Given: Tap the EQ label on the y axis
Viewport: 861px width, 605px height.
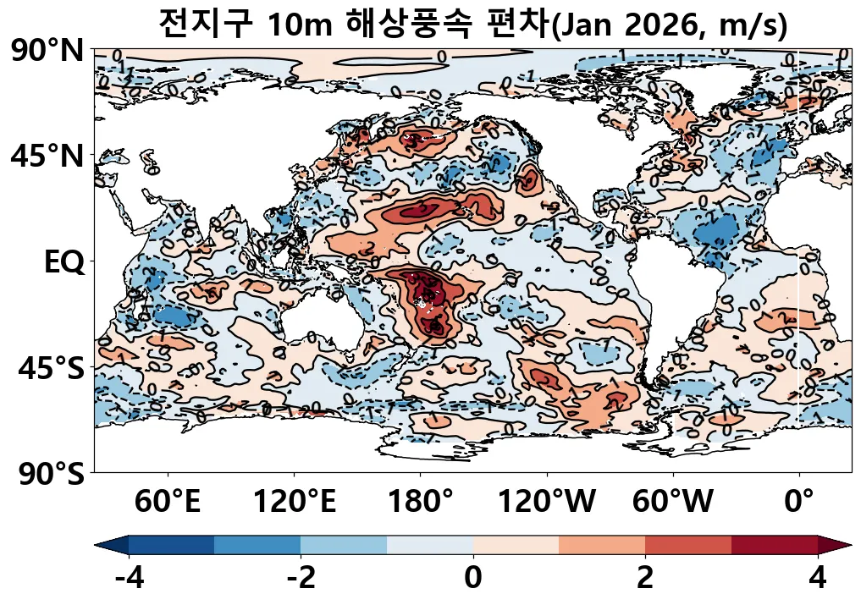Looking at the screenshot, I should tap(64, 262).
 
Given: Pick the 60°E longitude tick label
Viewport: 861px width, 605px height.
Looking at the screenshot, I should tap(168, 503).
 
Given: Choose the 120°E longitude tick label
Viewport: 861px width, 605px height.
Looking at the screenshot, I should tap(295, 503).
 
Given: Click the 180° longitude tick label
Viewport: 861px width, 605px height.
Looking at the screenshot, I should tap(421, 503).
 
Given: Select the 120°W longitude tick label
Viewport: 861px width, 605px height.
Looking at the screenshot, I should tap(547, 503).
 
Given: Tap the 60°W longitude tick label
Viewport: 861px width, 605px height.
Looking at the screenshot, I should tap(673, 503).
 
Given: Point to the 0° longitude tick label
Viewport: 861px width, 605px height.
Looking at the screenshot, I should tap(799, 503).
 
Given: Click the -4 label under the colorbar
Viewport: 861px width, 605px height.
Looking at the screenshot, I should tap(129, 579).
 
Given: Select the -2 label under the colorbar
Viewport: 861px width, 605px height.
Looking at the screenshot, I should tap(301, 579).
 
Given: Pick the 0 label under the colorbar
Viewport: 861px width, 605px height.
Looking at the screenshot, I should tap(473, 579).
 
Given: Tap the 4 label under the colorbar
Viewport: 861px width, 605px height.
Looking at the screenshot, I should tap(817, 579).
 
